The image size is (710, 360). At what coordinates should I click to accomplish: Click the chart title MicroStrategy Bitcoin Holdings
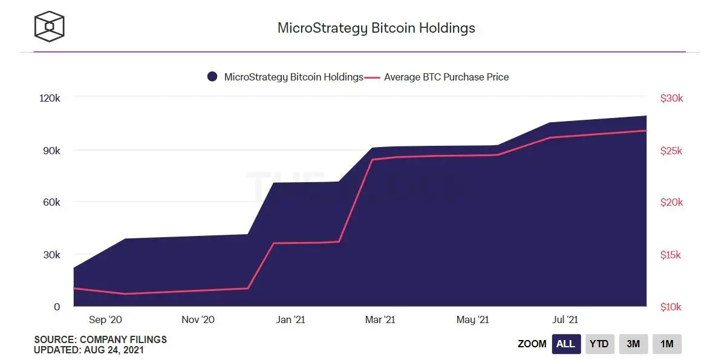point(376,28)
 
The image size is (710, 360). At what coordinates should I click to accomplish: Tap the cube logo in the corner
point(49,27)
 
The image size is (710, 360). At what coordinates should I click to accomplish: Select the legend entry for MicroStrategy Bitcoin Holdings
point(285,77)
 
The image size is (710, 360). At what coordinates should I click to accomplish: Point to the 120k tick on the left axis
point(50,98)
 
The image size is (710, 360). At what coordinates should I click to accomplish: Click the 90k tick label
point(51,150)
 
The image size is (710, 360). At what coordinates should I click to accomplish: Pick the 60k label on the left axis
point(51,202)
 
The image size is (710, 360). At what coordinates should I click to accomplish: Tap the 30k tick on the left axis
point(51,255)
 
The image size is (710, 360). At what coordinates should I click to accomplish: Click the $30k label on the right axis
point(671,98)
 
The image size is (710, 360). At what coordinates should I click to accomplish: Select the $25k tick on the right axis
point(671,151)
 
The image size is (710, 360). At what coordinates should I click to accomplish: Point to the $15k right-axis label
point(671,255)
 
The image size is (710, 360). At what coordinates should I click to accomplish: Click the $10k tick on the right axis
point(671,307)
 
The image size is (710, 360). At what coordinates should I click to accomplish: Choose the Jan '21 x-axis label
point(290,319)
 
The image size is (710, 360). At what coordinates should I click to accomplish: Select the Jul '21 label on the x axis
point(565,319)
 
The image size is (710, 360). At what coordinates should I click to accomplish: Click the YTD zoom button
point(599,344)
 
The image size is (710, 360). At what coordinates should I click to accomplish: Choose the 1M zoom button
point(667,344)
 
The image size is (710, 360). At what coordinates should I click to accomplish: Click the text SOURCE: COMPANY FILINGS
point(100,339)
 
